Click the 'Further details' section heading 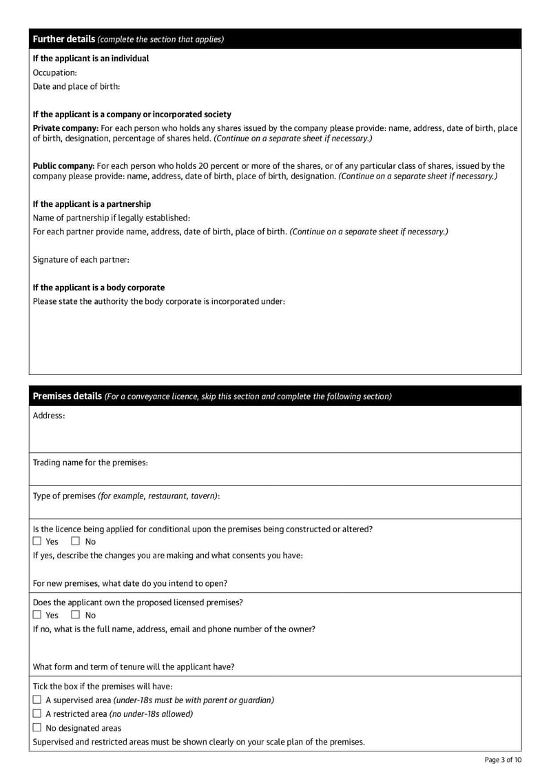tap(64, 39)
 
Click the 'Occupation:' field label tap(55, 72)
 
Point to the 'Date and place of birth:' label tap(76, 86)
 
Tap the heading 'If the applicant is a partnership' tap(92, 204)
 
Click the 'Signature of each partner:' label tap(81, 260)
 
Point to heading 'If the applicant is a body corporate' tap(98, 287)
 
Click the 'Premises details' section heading tap(67, 396)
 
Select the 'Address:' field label tap(49, 416)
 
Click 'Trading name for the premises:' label tap(90, 463)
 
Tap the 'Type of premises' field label tap(65, 496)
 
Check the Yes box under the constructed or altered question tap(38, 542)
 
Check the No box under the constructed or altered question tap(76, 542)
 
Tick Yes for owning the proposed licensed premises tap(38, 615)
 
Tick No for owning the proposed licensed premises tap(76, 615)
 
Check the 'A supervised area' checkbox tap(38, 700)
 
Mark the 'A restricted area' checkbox tap(38, 714)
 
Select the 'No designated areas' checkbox tap(38, 728)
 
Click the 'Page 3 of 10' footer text tap(503, 760)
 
